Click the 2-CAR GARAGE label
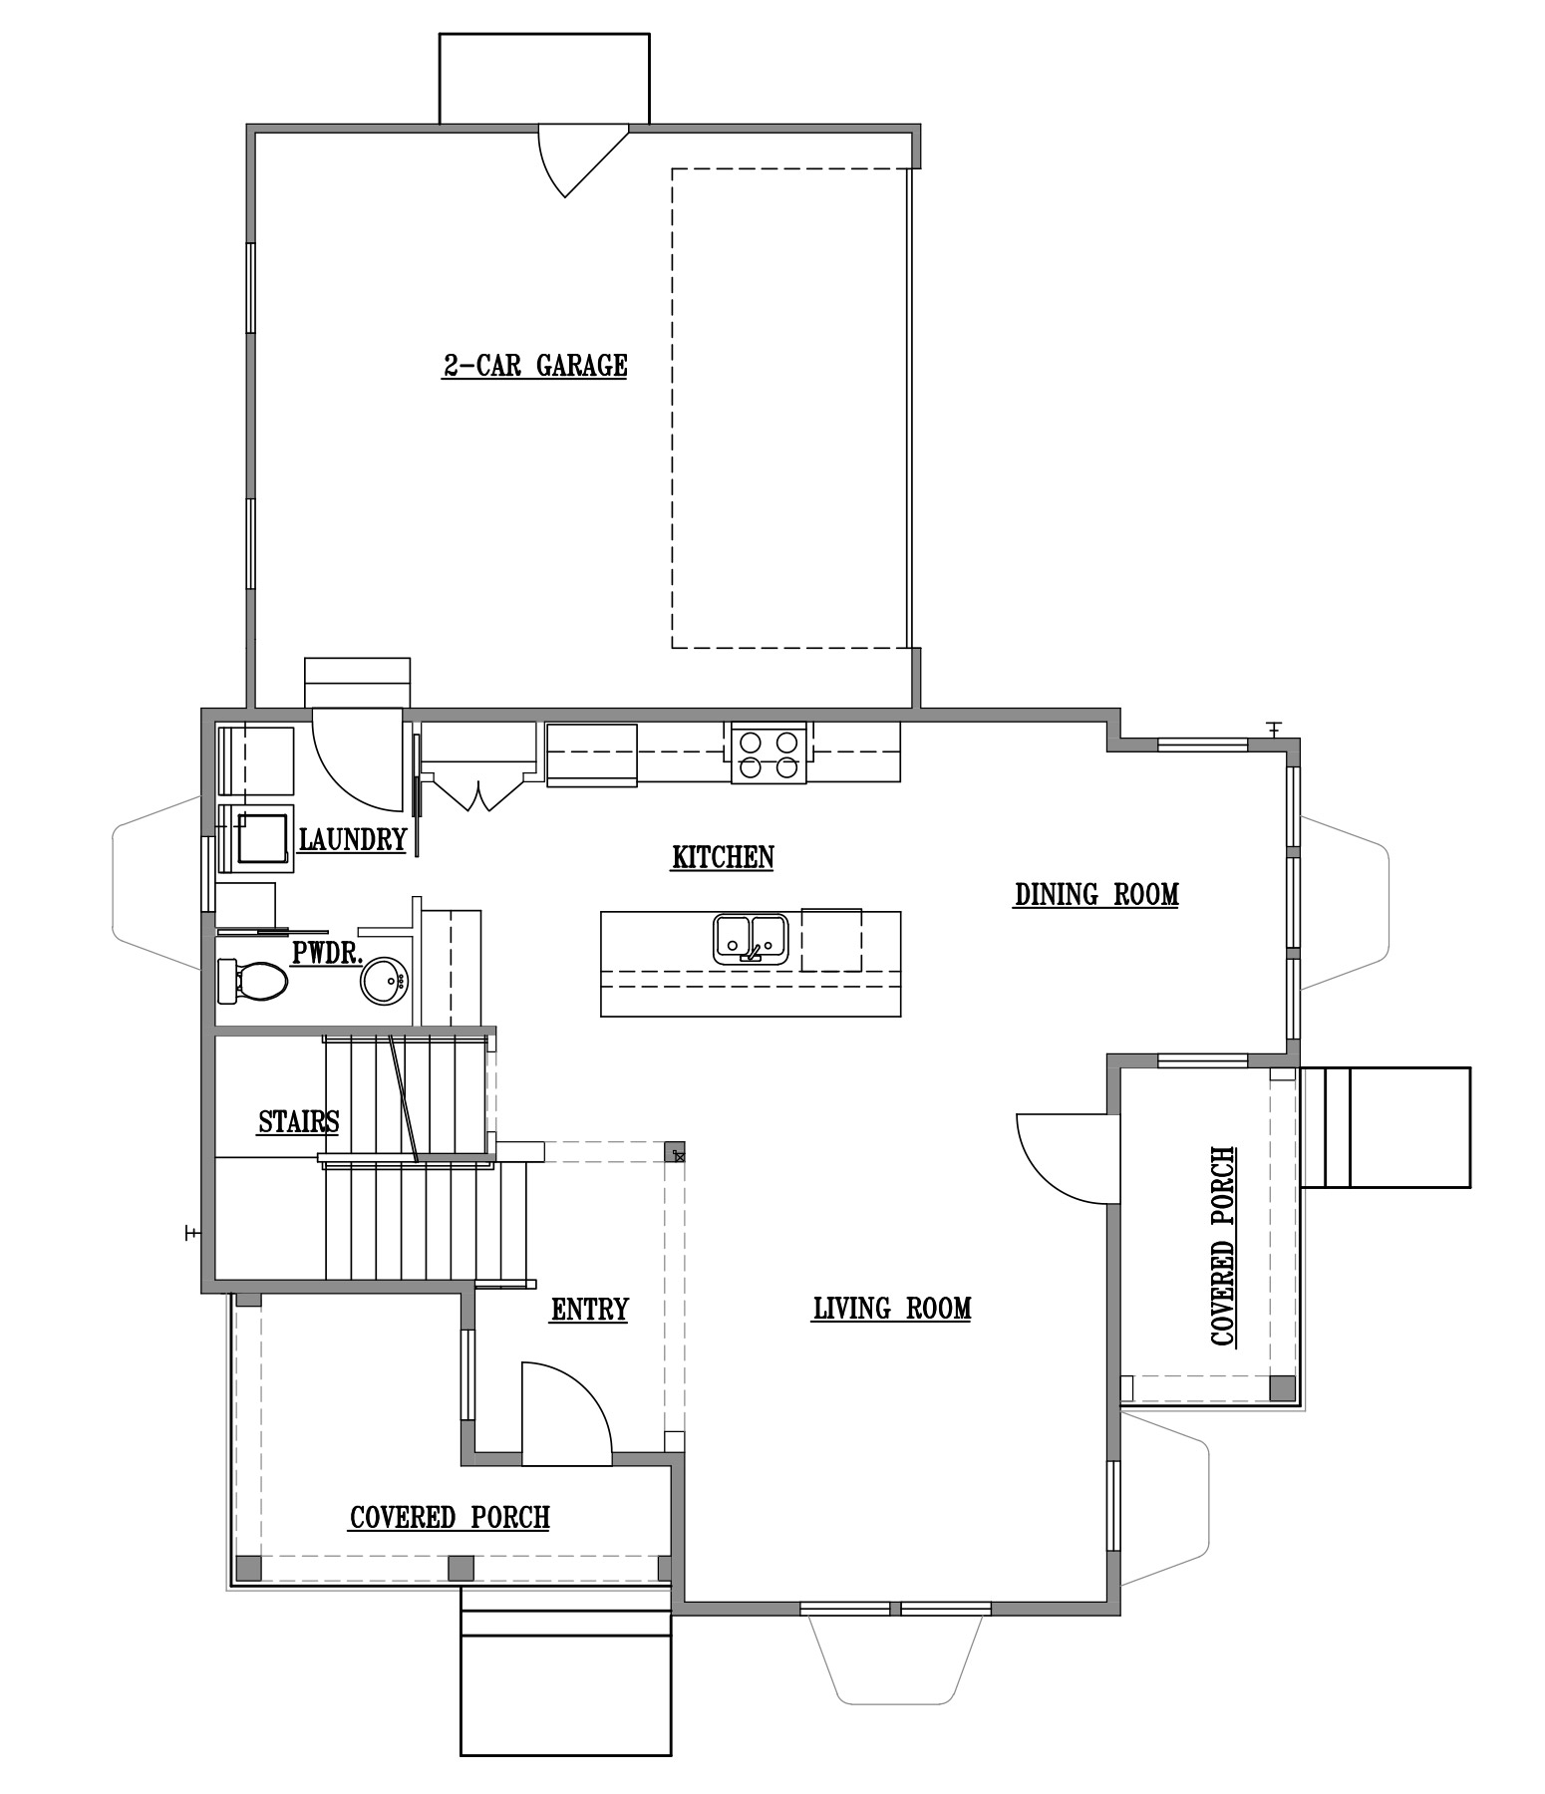(x=535, y=366)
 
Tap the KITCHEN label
(x=723, y=857)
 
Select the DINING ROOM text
(x=1096, y=894)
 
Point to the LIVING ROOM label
(x=892, y=1308)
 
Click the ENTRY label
(x=589, y=1309)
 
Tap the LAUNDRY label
(x=353, y=839)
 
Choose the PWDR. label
(x=326, y=952)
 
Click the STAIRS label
(x=299, y=1121)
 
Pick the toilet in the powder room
(x=252, y=982)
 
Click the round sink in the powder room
(x=384, y=981)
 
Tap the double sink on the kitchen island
(x=751, y=939)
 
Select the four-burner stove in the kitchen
(x=769, y=753)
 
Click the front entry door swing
(x=566, y=1414)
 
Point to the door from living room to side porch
(x=1065, y=1158)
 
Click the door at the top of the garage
(x=583, y=159)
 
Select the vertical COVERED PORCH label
(x=1223, y=1247)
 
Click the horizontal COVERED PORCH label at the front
(x=450, y=1517)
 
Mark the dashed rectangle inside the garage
(x=790, y=409)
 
